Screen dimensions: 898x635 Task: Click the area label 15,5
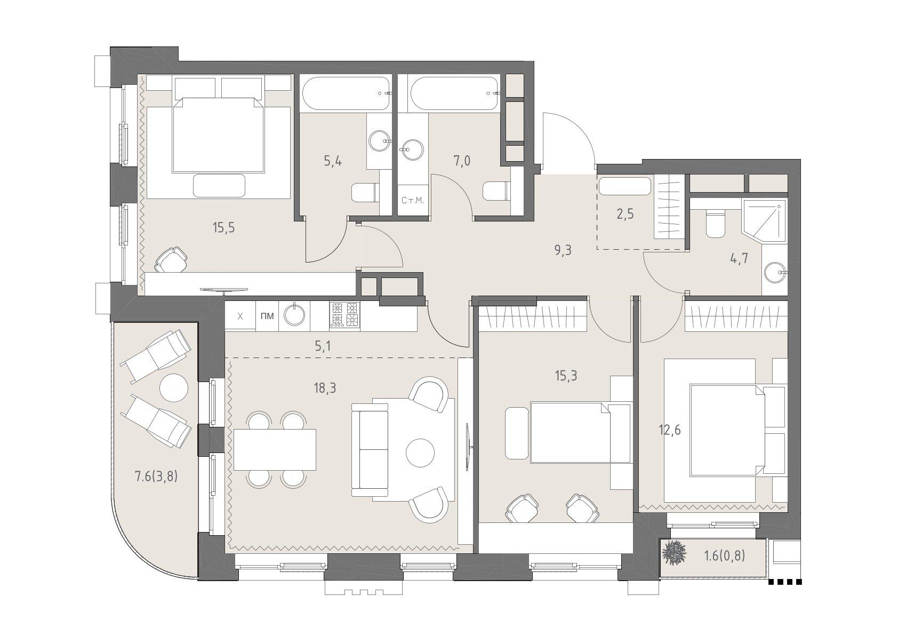coord(223,228)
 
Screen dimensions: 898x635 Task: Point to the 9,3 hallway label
coord(563,251)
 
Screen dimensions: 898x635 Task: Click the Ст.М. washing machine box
coord(413,200)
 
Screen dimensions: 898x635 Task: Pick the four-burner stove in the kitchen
coord(344,316)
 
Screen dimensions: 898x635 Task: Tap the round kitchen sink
coord(295,314)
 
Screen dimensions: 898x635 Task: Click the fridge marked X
coord(240,316)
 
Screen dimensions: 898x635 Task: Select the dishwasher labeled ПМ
coord(267,316)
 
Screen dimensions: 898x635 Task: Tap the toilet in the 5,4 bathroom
coord(365,193)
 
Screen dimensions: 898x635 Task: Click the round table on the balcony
coord(174,387)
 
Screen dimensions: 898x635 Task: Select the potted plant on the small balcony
coord(673,554)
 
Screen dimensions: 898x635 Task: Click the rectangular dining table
coord(275,450)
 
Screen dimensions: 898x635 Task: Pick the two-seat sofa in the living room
coord(370,450)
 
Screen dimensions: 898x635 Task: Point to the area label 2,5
coord(625,214)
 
